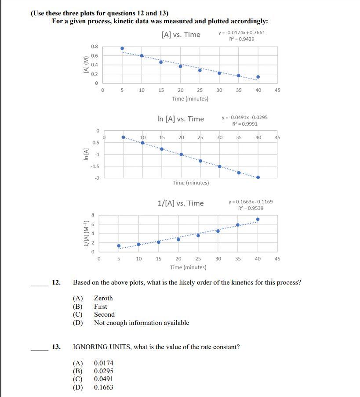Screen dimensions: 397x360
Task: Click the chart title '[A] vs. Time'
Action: tap(181, 35)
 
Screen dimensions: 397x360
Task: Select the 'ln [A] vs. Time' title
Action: tap(181, 119)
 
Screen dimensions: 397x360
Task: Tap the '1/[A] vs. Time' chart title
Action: tap(181, 203)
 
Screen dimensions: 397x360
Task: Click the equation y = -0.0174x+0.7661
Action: tap(241, 32)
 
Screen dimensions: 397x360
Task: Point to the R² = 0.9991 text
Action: tap(245, 124)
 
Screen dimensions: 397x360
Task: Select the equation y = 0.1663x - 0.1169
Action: tap(251, 202)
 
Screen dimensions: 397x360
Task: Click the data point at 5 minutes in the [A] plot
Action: tap(122, 48)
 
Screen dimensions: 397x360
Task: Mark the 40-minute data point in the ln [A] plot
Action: tap(258, 177)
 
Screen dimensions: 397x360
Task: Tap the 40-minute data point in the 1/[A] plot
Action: tap(258, 219)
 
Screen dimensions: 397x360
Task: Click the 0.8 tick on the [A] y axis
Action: tap(95, 47)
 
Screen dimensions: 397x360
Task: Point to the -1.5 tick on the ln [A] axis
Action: tap(95, 166)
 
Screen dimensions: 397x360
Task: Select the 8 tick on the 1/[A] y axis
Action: tap(92, 215)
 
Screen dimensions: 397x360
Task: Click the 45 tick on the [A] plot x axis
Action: tap(277, 90)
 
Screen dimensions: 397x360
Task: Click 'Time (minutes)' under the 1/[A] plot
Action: tap(188, 267)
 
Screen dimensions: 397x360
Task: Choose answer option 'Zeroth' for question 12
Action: tap(103, 298)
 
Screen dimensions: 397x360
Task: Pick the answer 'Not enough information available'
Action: tap(142, 323)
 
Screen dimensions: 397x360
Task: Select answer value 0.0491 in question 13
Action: tap(103, 379)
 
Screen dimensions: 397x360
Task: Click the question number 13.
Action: tap(56, 347)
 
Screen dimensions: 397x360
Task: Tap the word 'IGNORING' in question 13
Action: tap(88, 347)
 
